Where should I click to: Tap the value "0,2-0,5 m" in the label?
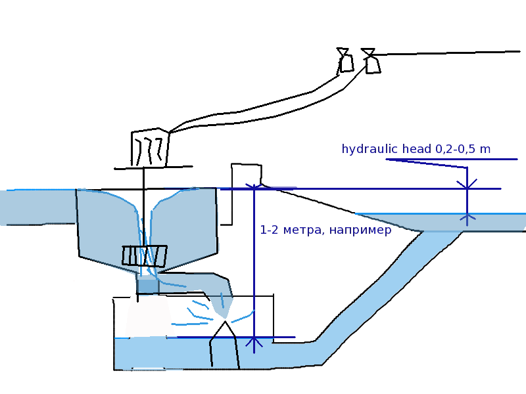tap(463, 149)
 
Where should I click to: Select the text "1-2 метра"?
tap(284, 230)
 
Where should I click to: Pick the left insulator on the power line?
tap(345, 60)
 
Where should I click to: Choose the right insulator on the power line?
tap(371, 61)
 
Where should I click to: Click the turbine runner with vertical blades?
tap(145, 255)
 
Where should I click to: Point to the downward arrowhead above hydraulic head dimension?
tap(467, 184)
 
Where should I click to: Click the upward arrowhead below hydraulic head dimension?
tap(467, 217)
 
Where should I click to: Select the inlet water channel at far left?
tap(36, 207)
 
